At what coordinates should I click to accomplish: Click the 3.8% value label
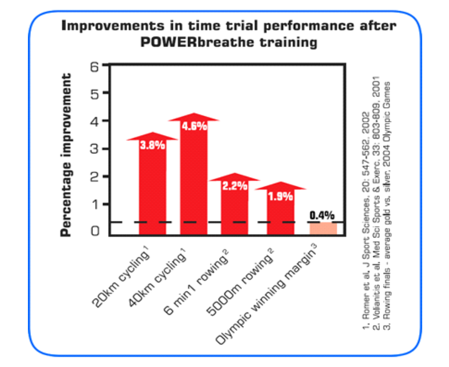click(153, 145)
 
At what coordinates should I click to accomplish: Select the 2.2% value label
click(235, 186)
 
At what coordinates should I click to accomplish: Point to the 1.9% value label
click(281, 196)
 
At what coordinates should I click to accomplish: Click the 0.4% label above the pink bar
click(322, 215)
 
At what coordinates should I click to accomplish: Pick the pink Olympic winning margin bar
click(323, 228)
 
